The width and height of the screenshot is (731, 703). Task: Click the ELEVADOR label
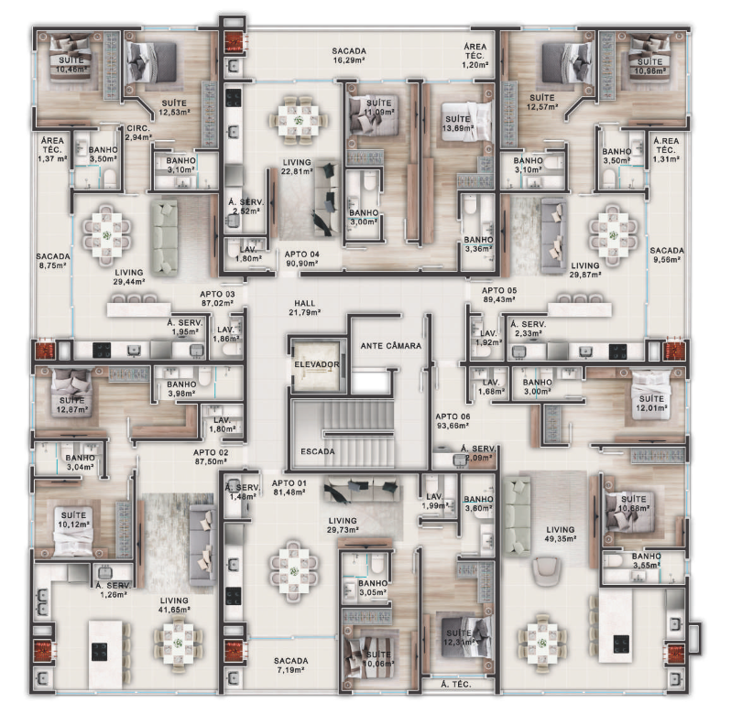317,364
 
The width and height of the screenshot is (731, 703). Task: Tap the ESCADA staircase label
317,451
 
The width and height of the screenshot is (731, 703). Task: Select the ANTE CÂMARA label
391,346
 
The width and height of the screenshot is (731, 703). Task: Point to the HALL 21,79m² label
305,308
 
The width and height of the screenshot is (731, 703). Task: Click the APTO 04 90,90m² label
301,258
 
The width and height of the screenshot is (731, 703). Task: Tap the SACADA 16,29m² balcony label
349,57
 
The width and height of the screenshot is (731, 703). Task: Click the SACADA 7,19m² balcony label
291,665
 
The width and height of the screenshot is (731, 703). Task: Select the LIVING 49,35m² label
560,535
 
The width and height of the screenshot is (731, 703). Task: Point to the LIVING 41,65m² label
173,606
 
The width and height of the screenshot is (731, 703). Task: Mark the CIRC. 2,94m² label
138,132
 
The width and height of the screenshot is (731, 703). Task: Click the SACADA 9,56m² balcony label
666,255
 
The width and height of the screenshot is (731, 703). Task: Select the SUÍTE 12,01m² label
651,404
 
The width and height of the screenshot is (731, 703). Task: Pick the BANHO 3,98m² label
181,389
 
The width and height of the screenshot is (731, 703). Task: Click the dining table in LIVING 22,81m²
296,120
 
